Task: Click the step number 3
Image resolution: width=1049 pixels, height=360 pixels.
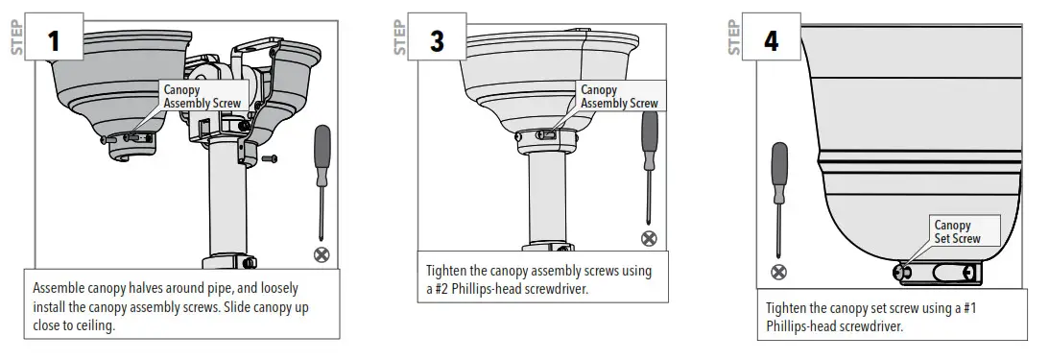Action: coord(437,42)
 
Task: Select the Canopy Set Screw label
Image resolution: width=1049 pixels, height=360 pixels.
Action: coord(957,231)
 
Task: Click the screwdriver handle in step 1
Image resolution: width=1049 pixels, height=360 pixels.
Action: coord(322,148)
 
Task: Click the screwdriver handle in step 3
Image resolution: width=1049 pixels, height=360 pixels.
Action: coord(650,133)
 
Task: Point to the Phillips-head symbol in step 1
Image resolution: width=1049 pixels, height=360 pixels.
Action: coord(321,254)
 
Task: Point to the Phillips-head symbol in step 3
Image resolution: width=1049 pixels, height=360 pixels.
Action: coord(650,236)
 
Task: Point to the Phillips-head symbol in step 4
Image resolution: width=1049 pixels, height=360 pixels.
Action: coord(779,271)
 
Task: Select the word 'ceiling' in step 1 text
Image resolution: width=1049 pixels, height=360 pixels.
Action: coord(97,324)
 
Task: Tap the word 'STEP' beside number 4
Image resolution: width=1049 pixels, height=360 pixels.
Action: coord(734,36)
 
